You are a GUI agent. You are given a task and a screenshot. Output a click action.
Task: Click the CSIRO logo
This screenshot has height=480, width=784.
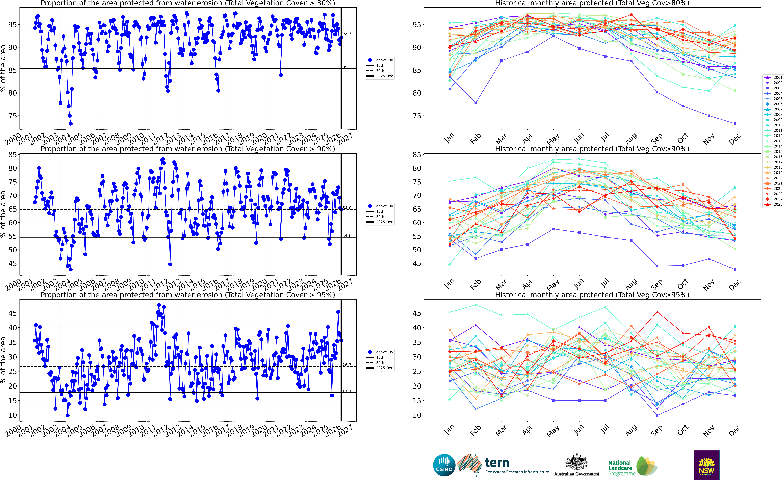[x=444, y=465]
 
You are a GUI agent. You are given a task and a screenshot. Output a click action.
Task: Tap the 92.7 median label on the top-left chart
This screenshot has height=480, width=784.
[x=347, y=33]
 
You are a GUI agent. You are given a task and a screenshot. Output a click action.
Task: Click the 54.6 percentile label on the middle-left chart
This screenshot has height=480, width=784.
[x=347, y=236]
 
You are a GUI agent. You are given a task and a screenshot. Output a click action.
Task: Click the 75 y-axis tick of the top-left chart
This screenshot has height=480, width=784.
[x=13, y=116]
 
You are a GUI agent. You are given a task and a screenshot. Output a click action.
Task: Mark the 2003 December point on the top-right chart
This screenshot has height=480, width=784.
[x=735, y=124]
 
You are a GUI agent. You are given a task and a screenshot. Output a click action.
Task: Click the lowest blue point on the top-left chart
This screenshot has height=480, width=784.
[x=71, y=124]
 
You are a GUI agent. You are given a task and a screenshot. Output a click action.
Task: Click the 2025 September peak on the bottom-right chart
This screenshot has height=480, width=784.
[x=657, y=312]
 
